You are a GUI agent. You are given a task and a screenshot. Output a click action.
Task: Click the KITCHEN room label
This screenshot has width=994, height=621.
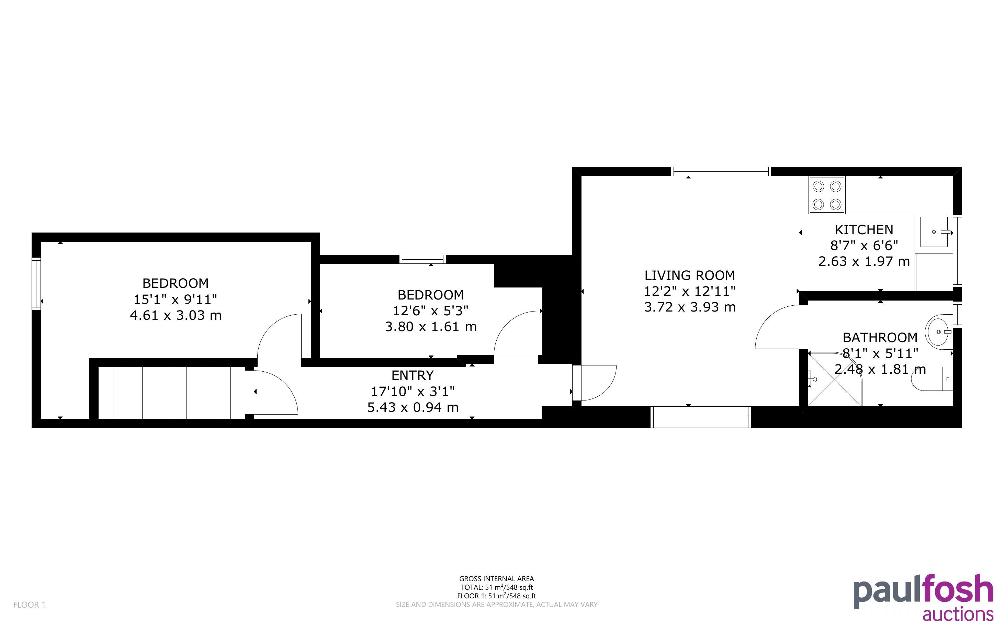864,229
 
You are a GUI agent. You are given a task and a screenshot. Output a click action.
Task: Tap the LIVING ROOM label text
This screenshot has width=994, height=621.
690,275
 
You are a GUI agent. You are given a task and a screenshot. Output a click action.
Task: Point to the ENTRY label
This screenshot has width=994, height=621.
413,375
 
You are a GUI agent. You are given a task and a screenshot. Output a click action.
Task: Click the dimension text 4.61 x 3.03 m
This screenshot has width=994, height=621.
176,315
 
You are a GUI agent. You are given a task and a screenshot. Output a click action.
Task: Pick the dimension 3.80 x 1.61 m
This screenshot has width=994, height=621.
431,327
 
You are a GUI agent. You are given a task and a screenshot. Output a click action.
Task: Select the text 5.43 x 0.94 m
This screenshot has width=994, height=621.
413,407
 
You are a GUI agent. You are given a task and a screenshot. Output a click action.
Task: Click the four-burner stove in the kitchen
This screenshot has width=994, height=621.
827,195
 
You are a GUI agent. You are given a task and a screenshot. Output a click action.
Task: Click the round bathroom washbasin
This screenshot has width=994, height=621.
938,331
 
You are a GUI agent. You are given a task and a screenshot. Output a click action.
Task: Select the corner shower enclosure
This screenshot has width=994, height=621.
835,378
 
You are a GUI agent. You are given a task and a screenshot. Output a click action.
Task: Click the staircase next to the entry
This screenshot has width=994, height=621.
172,393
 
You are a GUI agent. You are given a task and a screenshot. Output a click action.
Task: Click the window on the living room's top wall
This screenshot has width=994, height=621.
721,171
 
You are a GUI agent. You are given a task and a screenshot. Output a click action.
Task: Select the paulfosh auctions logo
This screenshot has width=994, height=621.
923,596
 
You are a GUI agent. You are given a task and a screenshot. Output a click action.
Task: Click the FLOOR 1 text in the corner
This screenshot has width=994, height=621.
30,605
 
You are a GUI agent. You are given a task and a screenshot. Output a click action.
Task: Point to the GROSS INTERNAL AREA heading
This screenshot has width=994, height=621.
496,579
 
